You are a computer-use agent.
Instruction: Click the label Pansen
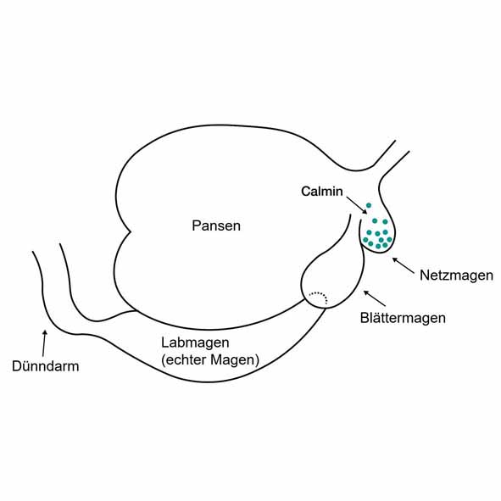point(216,225)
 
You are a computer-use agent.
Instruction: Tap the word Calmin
point(322,191)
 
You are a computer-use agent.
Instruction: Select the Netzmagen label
point(456,276)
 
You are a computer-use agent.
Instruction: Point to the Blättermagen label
point(403,318)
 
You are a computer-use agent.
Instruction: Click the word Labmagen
point(195,342)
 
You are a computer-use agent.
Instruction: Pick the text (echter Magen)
point(210,360)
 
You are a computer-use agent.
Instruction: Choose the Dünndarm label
point(46,366)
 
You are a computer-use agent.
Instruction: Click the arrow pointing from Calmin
point(357,205)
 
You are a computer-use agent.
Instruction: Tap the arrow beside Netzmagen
point(404,265)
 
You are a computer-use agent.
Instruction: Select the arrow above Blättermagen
point(375,298)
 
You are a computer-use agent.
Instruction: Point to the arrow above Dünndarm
point(44,343)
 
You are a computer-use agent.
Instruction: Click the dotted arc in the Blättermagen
point(320,295)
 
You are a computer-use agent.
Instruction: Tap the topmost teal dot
point(369,205)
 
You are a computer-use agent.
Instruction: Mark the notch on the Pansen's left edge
point(131,231)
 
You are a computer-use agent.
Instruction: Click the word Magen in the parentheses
point(234,360)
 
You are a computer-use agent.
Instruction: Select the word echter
point(186,359)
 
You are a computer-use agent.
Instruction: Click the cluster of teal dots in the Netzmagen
point(378,234)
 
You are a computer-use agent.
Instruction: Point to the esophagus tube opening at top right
point(402,147)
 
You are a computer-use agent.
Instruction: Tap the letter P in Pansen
point(196,225)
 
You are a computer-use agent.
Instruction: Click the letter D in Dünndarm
point(17,366)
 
